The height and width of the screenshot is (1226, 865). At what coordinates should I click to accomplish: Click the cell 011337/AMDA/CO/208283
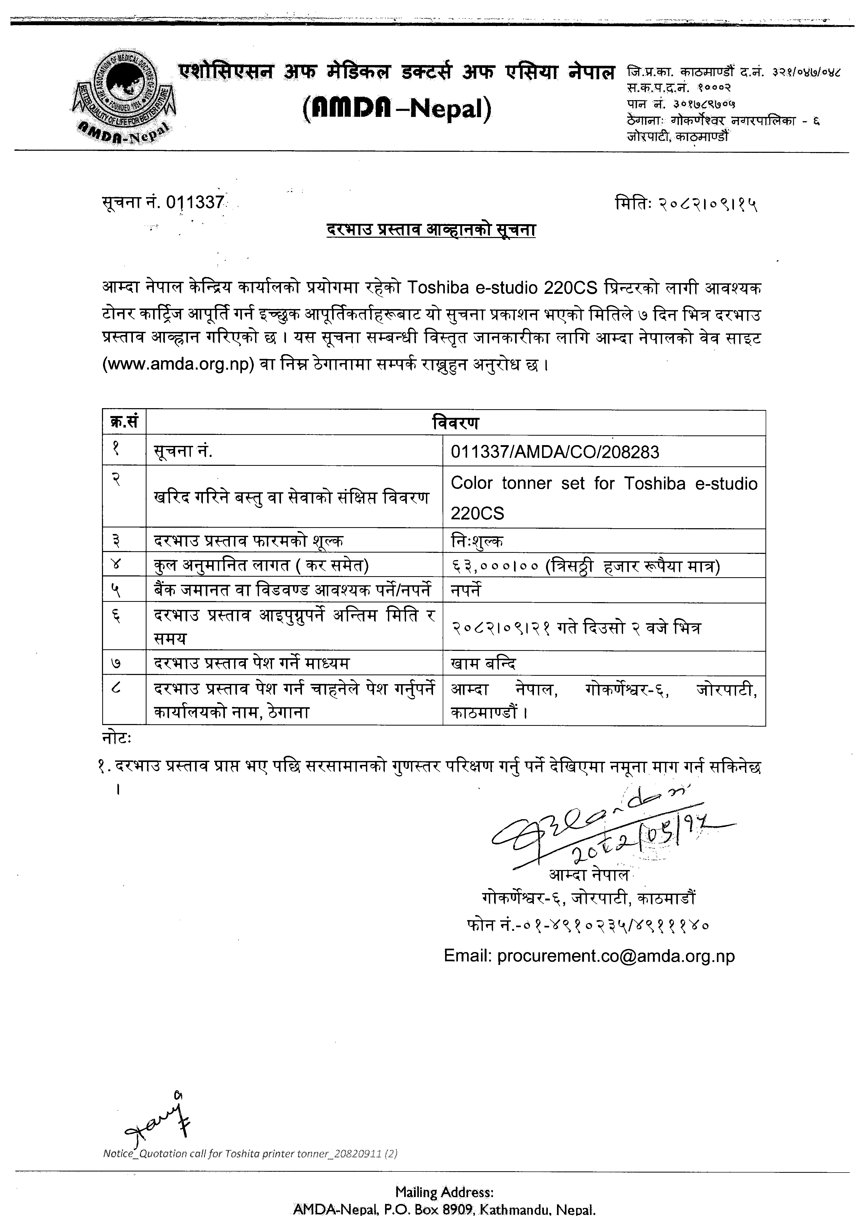[x=555, y=452]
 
